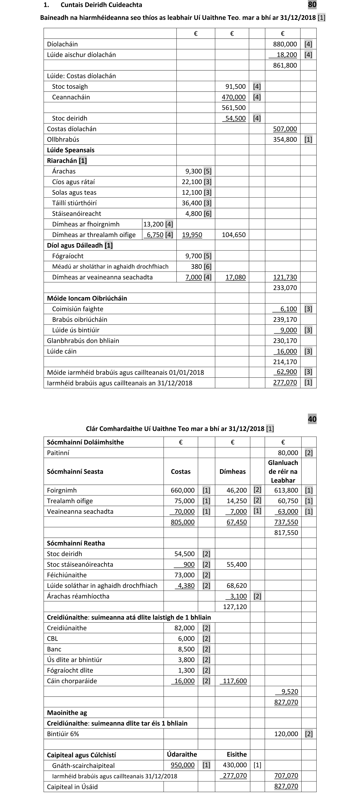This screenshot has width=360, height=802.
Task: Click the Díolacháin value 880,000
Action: pyautogui.click(x=285, y=44)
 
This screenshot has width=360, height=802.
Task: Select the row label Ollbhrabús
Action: pyautogui.click(x=63, y=139)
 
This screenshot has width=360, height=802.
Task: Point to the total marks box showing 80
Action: pyautogui.click(x=312, y=5)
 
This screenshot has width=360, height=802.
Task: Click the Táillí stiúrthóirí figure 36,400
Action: pyautogui.click(x=192, y=203)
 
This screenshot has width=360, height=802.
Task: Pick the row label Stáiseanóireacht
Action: pyautogui.click(x=77, y=214)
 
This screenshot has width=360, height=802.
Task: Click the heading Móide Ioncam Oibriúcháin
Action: pyautogui.click(x=87, y=298)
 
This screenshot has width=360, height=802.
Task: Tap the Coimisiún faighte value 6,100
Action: pyautogui.click(x=289, y=309)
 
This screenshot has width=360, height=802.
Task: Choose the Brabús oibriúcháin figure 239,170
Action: pyautogui.click(x=285, y=319)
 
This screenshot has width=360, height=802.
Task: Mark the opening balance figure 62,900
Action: pyautogui.click(x=287, y=372)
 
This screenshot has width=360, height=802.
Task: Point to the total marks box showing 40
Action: pyautogui.click(x=312, y=419)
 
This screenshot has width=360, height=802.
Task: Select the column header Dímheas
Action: pyautogui.click(x=232, y=471)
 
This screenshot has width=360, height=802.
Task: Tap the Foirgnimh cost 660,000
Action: pyautogui.click(x=182, y=490)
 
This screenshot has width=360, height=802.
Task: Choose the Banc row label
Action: pyautogui.click(x=54, y=649)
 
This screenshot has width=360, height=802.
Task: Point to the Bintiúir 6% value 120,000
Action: pyautogui.click(x=286, y=734)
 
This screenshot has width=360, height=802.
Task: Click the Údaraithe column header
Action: pyautogui.click(x=182, y=754)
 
